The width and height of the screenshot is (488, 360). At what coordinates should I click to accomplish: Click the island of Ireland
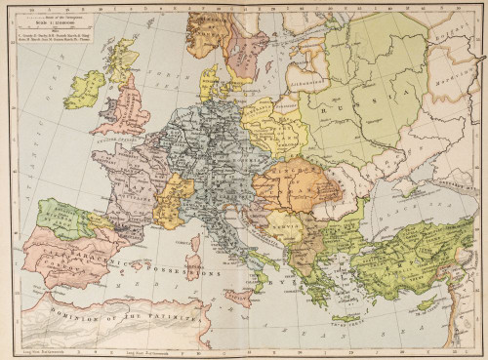[x=84, y=89]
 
